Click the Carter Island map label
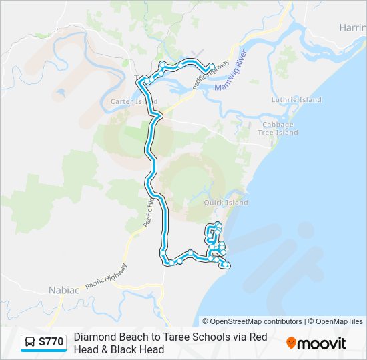[133, 102]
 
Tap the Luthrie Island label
[296, 100]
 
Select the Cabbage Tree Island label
[278, 129]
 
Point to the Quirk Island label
[226, 203]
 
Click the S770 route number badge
[51, 343]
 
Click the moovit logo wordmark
[322, 343]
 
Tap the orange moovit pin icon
[291, 343]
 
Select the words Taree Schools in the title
[188, 337]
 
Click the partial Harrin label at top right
[352, 27]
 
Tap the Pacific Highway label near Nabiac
[107, 275]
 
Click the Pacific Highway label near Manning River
[212, 71]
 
